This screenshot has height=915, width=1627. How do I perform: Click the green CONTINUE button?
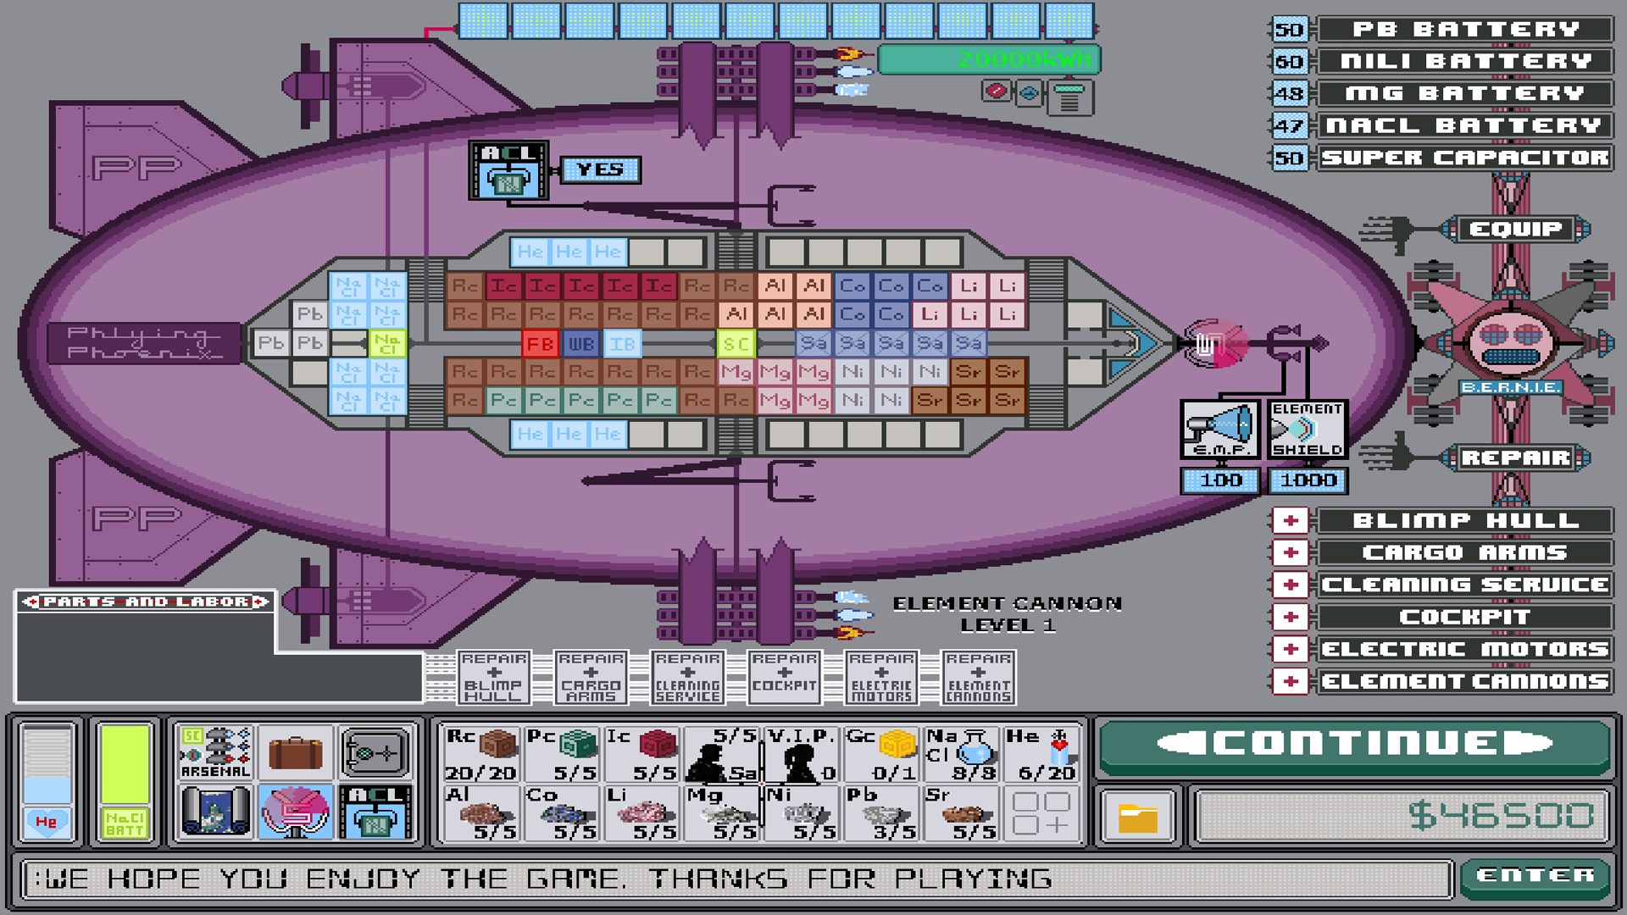pos(1354,744)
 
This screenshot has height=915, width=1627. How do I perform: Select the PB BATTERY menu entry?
pos(1464,30)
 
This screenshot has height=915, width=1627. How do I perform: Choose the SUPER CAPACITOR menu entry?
pos(1464,158)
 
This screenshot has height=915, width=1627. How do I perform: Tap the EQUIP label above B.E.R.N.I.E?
pos(1515,229)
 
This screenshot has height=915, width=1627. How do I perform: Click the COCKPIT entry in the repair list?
pos(1464,617)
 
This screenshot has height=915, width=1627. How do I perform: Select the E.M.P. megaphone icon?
pos(1220,429)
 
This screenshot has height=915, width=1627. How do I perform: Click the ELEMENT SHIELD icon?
pos(1307,429)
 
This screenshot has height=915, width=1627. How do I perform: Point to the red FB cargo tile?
pos(540,344)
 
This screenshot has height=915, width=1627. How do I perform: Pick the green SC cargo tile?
pos(736,344)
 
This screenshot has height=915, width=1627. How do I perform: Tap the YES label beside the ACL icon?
pos(600,169)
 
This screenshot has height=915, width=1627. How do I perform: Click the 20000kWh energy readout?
pos(989,59)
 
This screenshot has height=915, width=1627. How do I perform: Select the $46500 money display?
pos(1402,816)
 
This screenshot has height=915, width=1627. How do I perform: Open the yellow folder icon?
pos(1137,818)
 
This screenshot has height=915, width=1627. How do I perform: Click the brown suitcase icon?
pos(295,751)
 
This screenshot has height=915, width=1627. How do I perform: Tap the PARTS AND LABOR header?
pos(146,602)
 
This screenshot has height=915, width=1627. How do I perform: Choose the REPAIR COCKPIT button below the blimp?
pos(785,678)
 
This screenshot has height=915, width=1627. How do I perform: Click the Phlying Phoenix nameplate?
pos(144,343)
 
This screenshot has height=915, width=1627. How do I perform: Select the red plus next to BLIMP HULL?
pos(1290,520)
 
